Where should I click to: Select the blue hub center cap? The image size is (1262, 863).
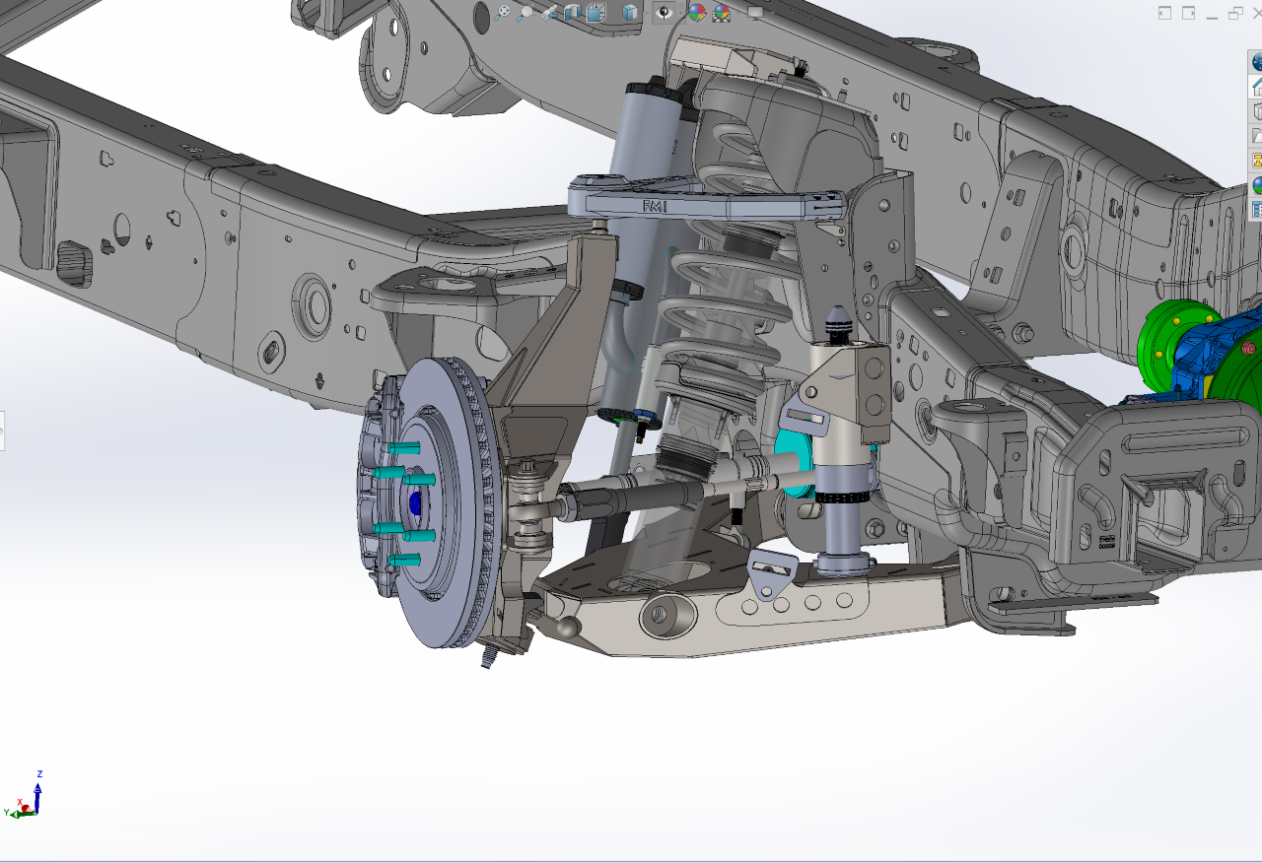(x=414, y=503)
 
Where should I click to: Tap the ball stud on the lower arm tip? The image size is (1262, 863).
(x=567, y=625)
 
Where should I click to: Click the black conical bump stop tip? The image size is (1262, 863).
(x=836, y=319)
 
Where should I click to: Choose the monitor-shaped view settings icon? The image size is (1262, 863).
(x=755, y=13)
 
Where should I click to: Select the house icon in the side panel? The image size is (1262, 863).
(x=1257, y=87)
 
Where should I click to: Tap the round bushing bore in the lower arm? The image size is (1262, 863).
(x=657, y=617)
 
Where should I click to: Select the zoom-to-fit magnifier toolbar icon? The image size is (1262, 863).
(x=502, y=13)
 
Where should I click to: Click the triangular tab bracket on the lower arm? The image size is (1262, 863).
(x=770, y=575)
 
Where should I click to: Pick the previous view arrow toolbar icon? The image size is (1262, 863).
(x=550, y=13)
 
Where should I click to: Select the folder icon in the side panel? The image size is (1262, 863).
(x=1257, y=136)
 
